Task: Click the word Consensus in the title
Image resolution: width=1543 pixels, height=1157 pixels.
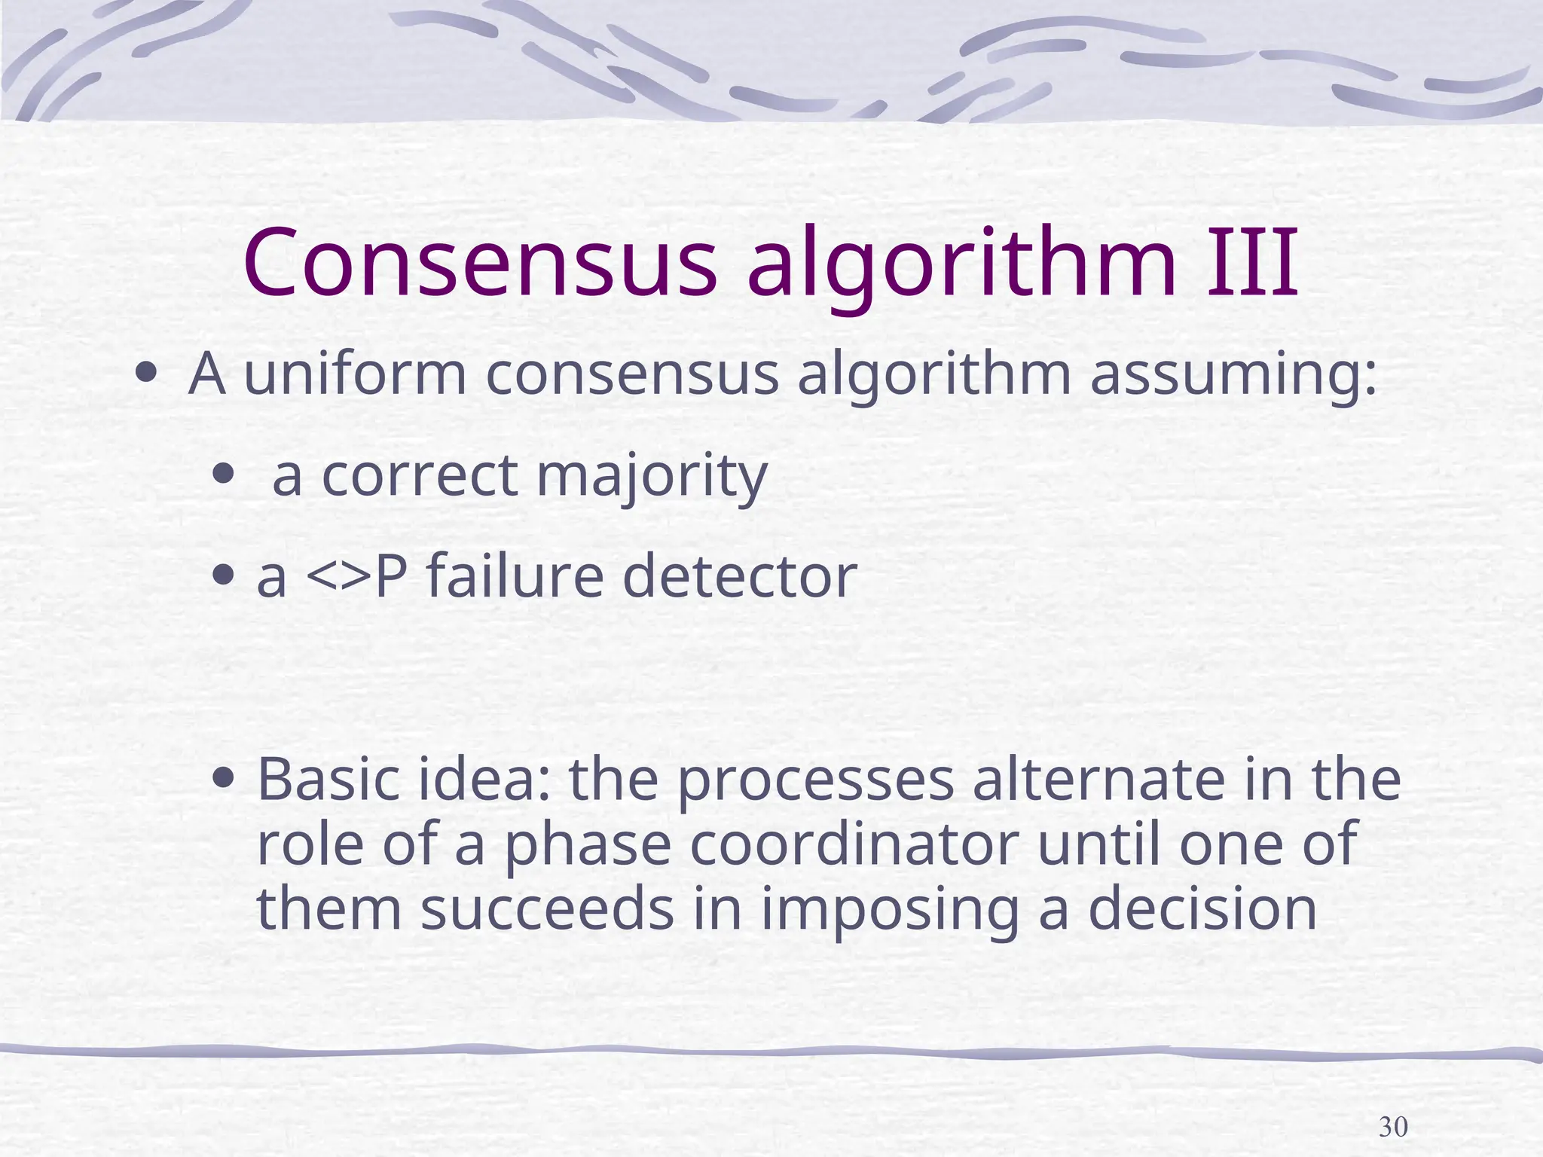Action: [480, 263]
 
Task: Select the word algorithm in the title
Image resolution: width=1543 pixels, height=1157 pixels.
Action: [962, 267]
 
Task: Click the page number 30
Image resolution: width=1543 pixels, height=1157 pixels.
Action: [1393, 1127]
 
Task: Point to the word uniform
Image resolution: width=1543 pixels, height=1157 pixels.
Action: [356, 374]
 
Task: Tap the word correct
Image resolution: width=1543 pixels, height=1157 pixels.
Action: [420, 476]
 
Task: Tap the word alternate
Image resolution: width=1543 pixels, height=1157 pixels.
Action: [1098, 780]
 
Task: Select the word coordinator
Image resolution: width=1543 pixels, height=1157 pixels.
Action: [854, 844]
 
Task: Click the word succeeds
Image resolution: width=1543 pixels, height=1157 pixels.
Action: [547, 908]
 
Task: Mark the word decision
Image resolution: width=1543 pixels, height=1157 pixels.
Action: [1202, 908]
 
